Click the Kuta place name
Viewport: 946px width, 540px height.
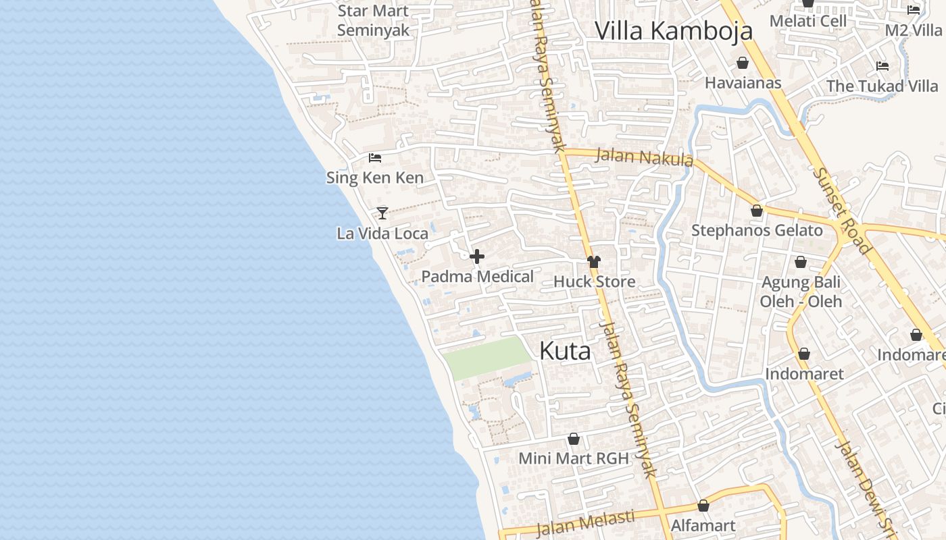[565, 351]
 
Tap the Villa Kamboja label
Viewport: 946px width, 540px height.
[673, 31]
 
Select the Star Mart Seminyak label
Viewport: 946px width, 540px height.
[373, 21]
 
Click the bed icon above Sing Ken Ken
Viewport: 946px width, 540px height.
[375, 158]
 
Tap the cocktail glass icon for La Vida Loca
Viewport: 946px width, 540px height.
[382, 213]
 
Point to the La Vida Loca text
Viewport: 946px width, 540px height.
[382, 234]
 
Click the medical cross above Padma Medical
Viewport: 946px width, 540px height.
[477, 256]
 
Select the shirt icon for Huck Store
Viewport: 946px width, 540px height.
[594, 262]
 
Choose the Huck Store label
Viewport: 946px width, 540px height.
[594, 281]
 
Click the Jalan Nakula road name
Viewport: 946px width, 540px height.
[644, 157]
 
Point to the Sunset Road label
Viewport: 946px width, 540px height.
[841, 210]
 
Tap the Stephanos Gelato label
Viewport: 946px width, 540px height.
[757, 230]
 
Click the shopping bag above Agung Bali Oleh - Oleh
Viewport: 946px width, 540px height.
[801, 262]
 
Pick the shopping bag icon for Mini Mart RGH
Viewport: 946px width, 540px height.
[574, 439]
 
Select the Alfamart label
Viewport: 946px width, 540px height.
[703, 525]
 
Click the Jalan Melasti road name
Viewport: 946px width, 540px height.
[585, 522]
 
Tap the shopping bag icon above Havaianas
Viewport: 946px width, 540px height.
[743, 63]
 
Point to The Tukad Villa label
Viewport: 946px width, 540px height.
[882, 86]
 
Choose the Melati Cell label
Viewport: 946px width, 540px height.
[808, 21]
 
